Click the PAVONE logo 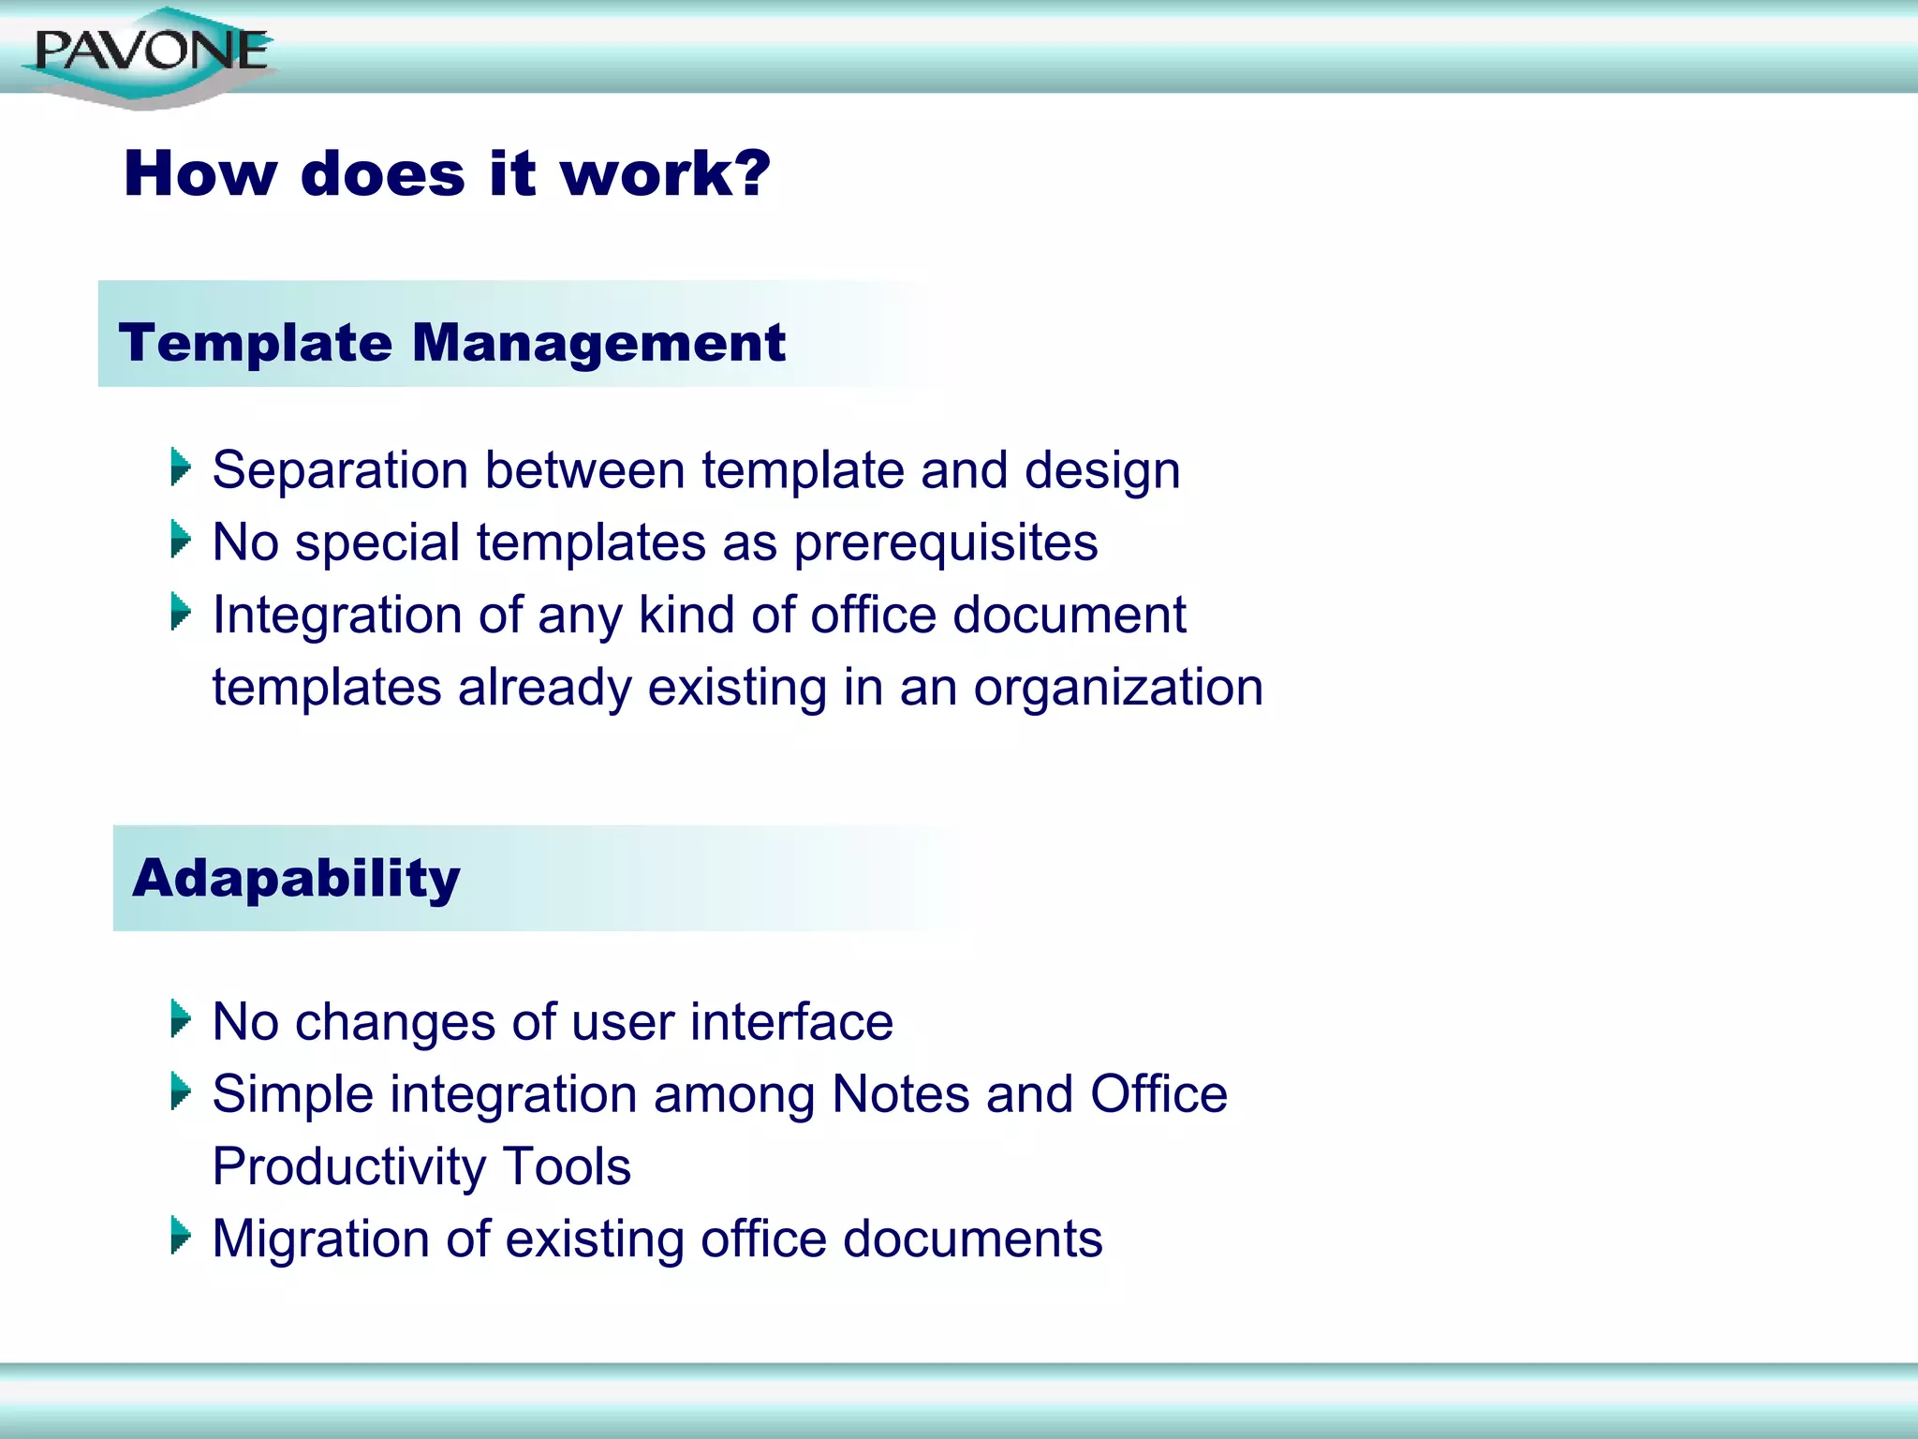tap(150, 54)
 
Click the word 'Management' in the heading tap(598, 344)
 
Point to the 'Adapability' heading tap(296, 879)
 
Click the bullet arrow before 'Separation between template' tap(181, 467)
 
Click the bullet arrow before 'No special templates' tap(181, 540)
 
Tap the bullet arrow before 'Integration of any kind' tap(181, 612)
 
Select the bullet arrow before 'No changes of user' tap(181, 1018)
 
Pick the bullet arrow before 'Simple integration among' tap(181, 1091)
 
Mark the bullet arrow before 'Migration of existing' tap(181, 1236)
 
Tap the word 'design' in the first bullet tap(1101, 471)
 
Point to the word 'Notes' tap(900, 1094)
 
